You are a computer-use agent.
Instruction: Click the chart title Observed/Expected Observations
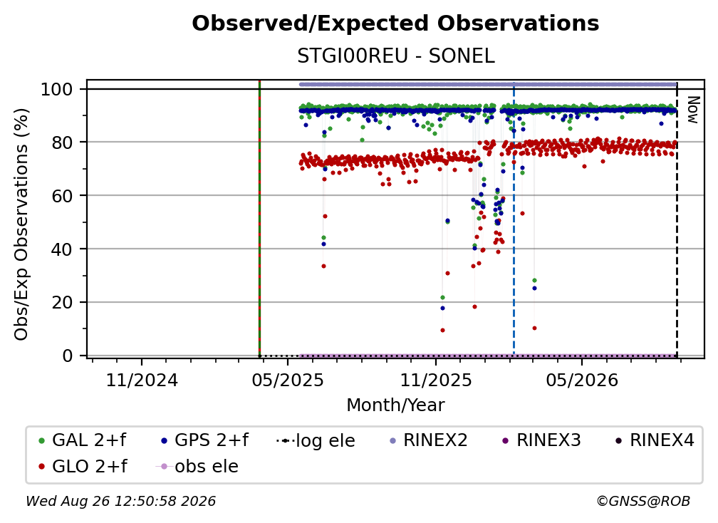[x=395, y=24]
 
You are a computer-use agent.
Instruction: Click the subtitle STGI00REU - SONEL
[x=396, y=56]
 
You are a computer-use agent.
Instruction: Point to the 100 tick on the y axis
[x=57, y=89]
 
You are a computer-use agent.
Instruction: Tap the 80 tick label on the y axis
[x=62, y=143]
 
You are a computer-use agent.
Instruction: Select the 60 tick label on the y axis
[x=62, y=195]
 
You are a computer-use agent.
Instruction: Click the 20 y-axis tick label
[x=62, y=302]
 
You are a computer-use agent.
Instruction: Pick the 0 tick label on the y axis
[x=68, y=356]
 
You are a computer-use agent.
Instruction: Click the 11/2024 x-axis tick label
[x=142, y=380]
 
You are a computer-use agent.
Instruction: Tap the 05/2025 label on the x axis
[x=288, y=380]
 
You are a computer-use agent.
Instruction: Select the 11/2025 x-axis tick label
[x=436, y=380]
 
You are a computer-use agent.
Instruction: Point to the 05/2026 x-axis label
[x=582, y=380]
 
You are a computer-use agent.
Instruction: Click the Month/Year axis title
[x=395, y=405]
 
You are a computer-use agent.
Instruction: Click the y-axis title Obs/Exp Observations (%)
[x=21, y=224]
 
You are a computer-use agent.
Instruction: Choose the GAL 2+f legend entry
[x=83, y=440]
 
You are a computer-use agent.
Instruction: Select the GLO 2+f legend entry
[x=83, y=466]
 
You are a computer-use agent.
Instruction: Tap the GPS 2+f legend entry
[x=205, y=440]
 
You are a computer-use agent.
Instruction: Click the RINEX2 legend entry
[x=429, y=440]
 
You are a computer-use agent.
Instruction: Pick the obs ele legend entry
[x=197, y=466]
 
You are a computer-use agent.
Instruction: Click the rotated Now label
[x=693, y=110]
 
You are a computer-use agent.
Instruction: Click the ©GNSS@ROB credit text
[x=643, y=501]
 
